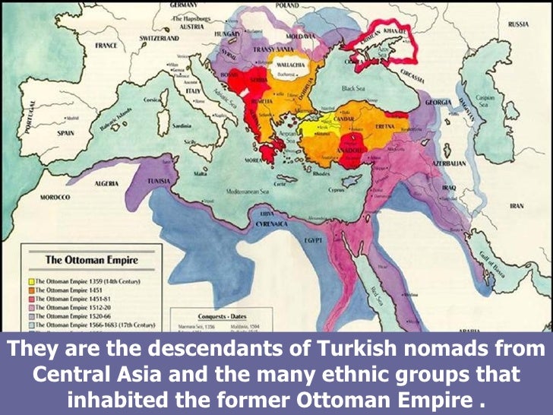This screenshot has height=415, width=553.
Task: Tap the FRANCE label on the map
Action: (x=106, y=46)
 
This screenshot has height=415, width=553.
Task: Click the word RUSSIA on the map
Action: (x=518, y=24)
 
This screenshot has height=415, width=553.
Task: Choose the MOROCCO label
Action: (x=55, y=197)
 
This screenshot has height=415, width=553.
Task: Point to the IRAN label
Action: (x=516, y=205)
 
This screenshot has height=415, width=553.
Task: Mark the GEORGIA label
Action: (x=438, y=101)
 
